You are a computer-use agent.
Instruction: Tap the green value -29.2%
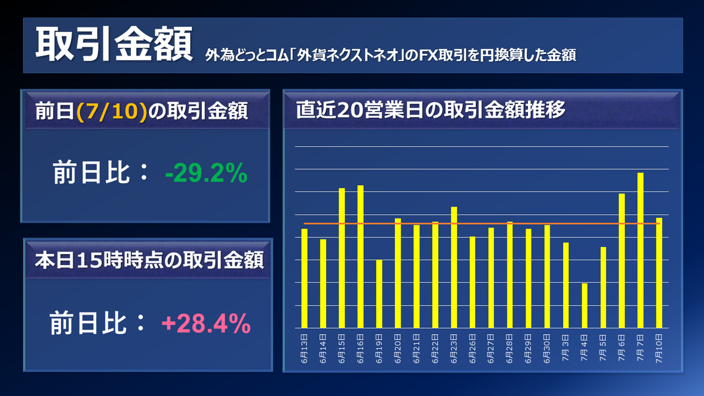tap(206, 174)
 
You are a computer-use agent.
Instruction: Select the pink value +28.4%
tap(206, 323)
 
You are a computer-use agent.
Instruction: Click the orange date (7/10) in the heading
tap(111, 112)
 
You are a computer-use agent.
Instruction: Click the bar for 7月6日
tap(621, 260)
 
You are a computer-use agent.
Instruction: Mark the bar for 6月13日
tap(304, 278)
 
